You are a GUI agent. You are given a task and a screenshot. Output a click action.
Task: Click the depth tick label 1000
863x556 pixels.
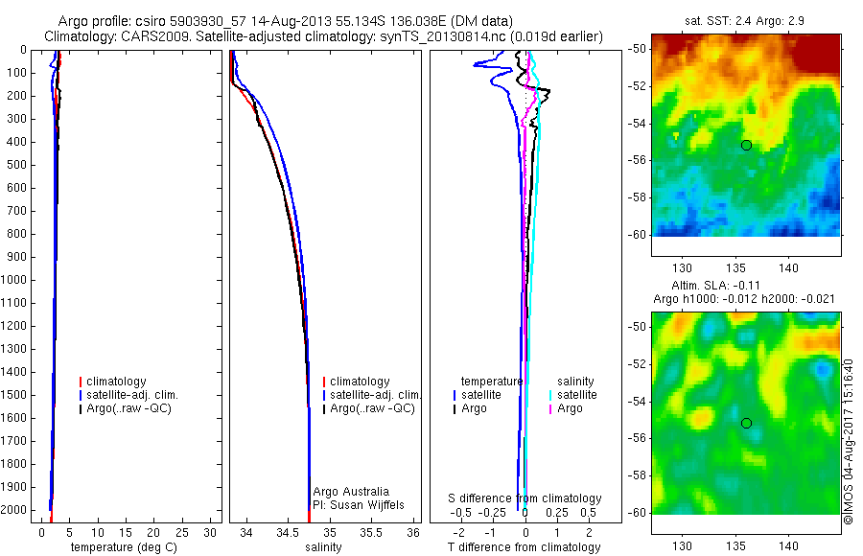point(16,280)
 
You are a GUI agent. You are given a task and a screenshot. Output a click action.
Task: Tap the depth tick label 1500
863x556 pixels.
point(16,395)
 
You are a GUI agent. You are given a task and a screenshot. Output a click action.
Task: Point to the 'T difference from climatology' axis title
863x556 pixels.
point(524,547)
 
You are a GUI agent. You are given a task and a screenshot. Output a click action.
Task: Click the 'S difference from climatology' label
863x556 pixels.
point(525,498)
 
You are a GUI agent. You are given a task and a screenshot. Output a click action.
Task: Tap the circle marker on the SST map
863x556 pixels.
point(746,145)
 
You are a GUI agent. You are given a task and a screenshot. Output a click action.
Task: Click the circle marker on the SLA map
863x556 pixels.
point(746,423)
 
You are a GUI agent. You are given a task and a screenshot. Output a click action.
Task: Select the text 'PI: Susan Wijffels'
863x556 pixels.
point(359,504)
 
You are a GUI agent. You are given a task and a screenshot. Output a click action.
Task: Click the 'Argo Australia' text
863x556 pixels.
point(351,492)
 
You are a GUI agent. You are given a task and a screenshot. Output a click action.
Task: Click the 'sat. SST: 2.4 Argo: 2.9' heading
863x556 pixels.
point(745,19)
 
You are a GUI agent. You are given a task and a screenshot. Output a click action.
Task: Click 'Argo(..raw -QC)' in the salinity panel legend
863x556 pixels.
point(372,408)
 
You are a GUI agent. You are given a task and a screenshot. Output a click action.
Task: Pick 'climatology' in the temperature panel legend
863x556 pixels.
point(115,382)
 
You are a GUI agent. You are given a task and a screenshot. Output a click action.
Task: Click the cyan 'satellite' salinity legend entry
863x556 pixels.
point(577,395)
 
